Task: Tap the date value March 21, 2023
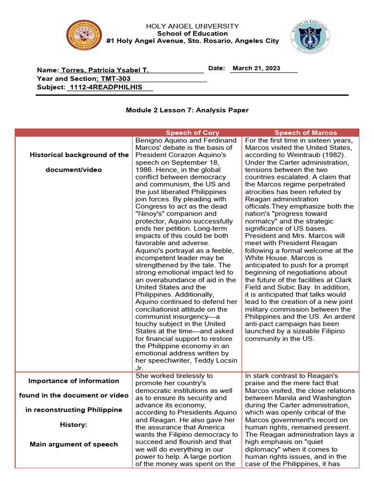pyautogui.click(x=256, y=68)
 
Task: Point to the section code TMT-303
pyautogui.click(x=115, y=79)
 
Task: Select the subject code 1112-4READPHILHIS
pyautogui.click(x=106, y=87)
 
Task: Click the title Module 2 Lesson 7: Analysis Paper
pyautogui.click(x=187, y=110)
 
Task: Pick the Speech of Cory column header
pyautogui.click(x=192, y=132)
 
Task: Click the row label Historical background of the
pyautogui.click(x=79, y=155)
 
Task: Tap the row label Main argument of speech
pyautogui.click(x=74, y=444)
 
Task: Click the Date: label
pyautogui.click(x=217, y=68)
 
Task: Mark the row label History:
pyautogui.click(x=74, y=425)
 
